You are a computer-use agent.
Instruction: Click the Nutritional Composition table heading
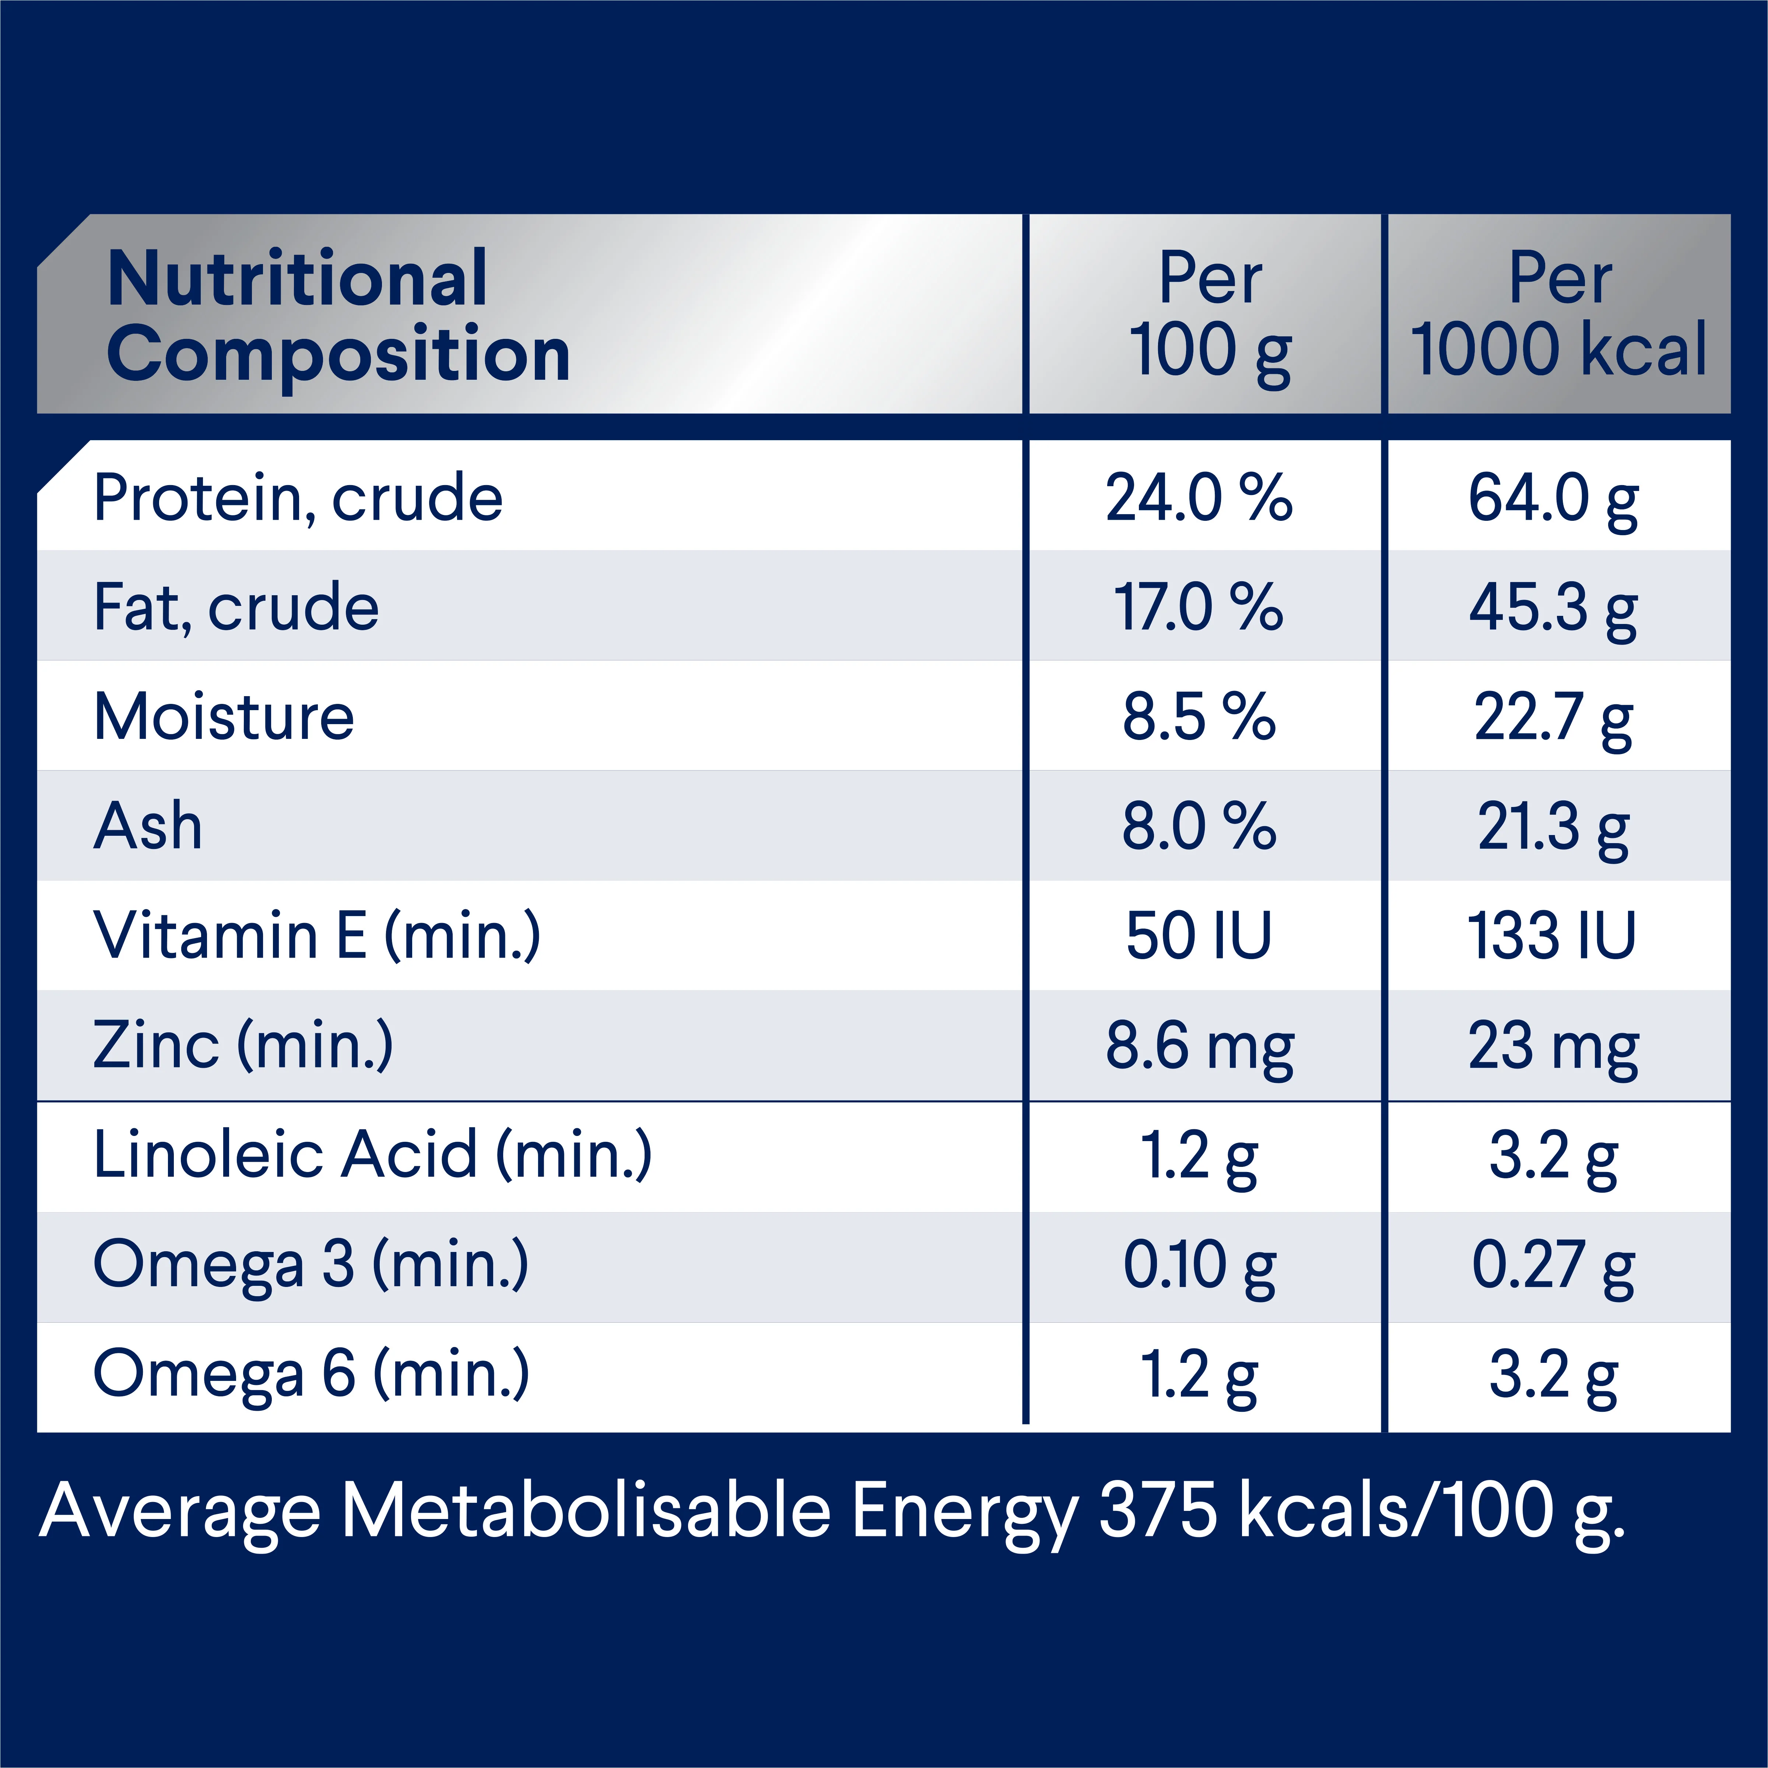coord(338,316)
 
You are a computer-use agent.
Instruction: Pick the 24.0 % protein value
coord(1199,499)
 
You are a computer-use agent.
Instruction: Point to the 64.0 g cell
coord(1553,499)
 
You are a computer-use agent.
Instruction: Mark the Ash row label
coord(148,826)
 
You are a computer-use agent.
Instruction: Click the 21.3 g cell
coord(1553,826)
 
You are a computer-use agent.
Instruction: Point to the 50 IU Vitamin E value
coord(1199,936)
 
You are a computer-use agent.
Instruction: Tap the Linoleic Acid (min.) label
coord(373,1155)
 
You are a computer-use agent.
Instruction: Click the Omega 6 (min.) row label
coord(311,1375)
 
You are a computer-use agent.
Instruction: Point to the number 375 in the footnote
coord(1158,1511)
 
